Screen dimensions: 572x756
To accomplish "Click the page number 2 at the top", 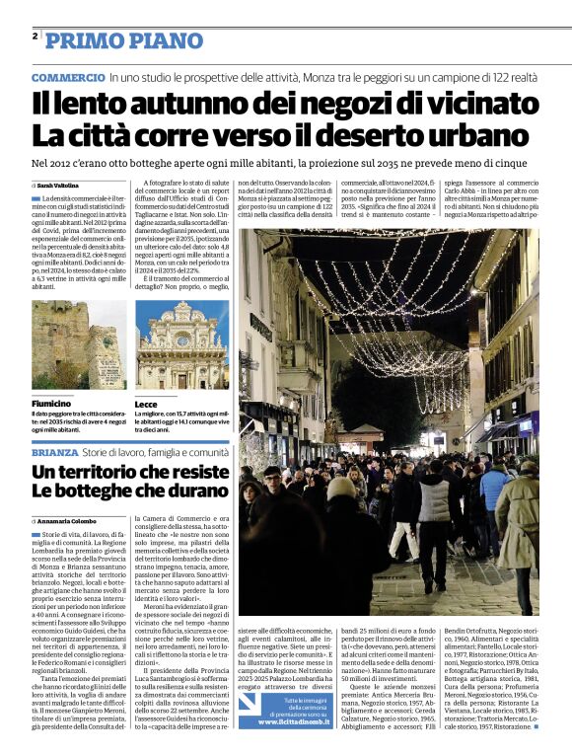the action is [35, 38].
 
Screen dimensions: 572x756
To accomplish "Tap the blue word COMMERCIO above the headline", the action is [67, 77].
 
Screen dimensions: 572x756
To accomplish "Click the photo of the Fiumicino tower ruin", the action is [78, 344].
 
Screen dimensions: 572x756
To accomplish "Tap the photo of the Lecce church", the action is [181, 344].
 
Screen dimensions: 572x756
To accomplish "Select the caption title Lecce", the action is [146, 404].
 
